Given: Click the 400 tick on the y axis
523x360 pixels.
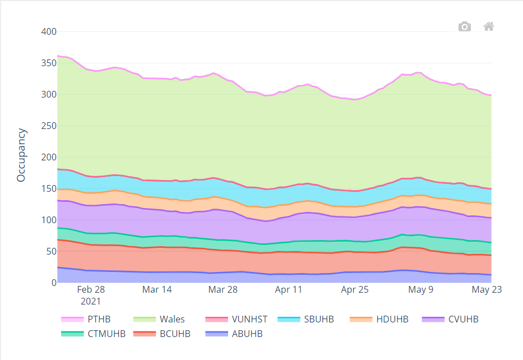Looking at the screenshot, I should pyautogui.click(x=49, y=32).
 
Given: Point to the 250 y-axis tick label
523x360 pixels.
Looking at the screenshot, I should pyautogui.click(x=49, y=126).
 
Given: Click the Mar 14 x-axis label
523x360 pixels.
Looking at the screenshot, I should pyautogui.click(x=157, y=290).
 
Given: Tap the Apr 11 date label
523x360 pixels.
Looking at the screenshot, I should pyautogui.click(x=289, y=290).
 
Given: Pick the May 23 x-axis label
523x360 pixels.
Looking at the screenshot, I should pyautogui.click(x=487, y=290).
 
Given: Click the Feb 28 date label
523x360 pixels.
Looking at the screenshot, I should pyautogui.click(x=91, y=290).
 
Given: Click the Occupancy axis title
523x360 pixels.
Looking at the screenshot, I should pyautogui.click(x=21, y=155).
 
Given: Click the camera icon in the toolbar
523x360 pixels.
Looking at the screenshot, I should pyautogui.click(x=464, y=27).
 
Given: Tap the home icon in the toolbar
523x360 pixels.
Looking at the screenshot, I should pyautogui.click(x=489, y=26).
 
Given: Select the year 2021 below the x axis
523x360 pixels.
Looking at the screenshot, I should pyautogui.click(x=91, y=301).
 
